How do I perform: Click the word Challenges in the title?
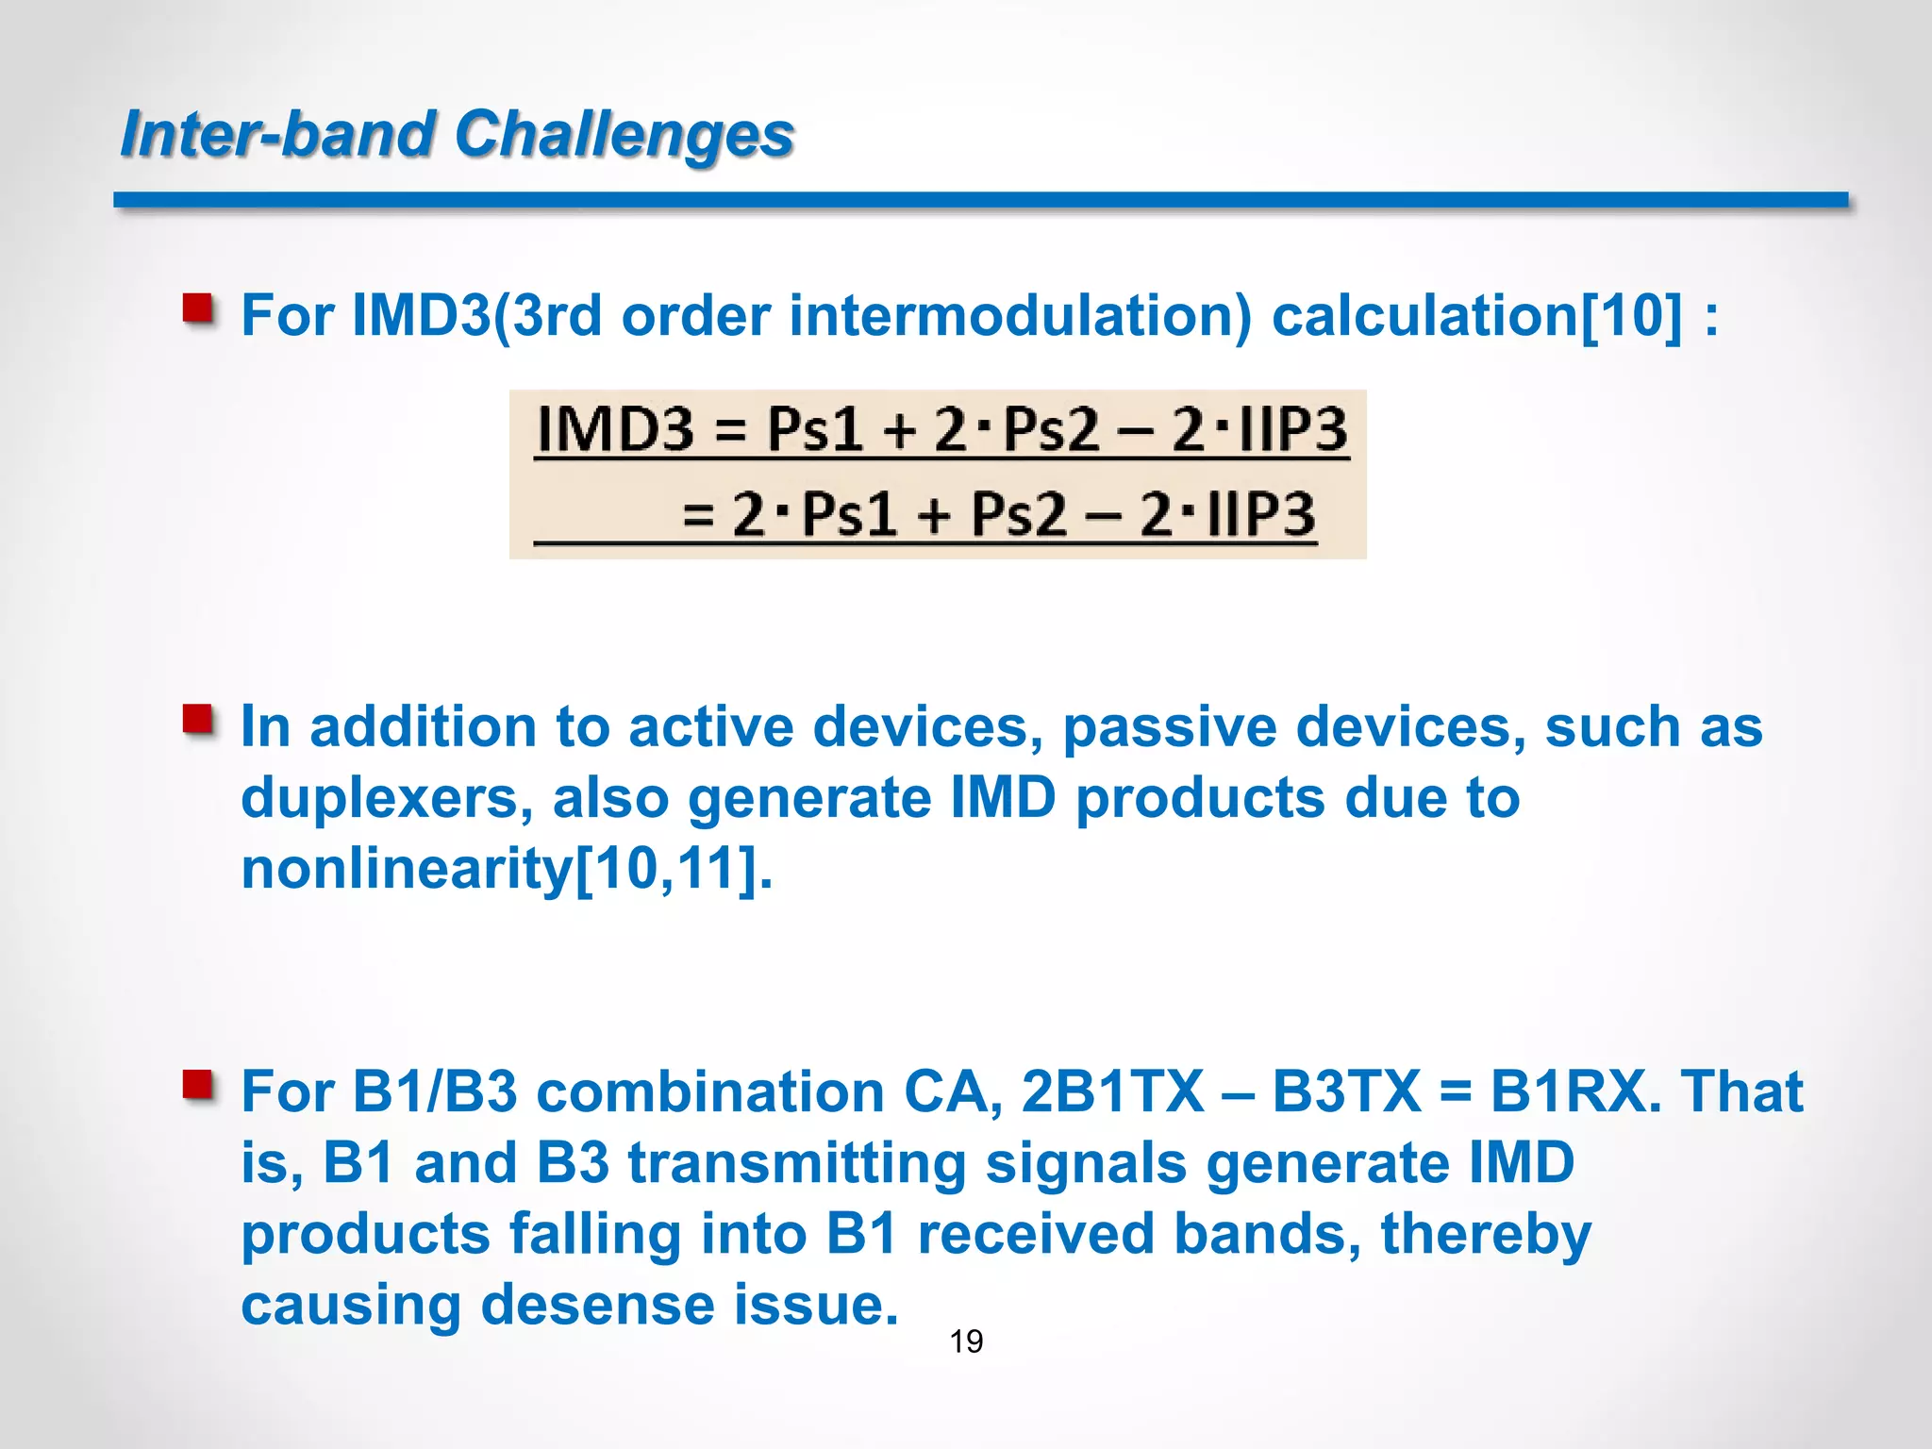(x=624, y=134)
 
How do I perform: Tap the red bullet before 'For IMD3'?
(x=198, y=308)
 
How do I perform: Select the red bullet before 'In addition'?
(x=198, y=720)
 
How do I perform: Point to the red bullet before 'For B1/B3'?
(x=198, y=1085)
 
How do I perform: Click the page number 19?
(x=966, y=1341)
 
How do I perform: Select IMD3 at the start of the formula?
(x=615, y=429)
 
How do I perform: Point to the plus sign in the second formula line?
(x=933, y=517)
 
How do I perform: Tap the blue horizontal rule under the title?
(x=981, y=200)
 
